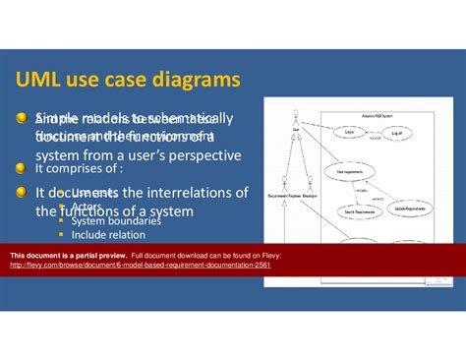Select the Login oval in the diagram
(350, 130)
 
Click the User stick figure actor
(296, 116)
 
